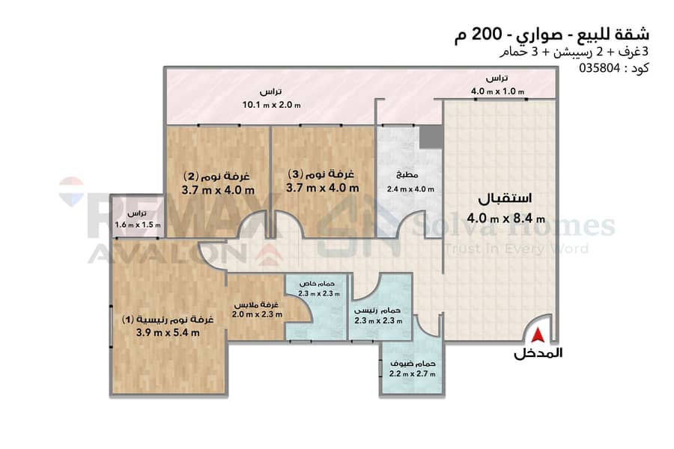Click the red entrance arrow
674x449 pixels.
tap(538, 335)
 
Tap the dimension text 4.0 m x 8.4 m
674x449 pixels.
tap(506, 219)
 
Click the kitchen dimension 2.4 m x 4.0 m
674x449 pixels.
tap(410, 189)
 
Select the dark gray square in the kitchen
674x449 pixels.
tap(431, 137)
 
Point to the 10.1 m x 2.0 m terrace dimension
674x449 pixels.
tap(272, 105)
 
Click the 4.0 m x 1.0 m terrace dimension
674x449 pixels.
tap(498, 91)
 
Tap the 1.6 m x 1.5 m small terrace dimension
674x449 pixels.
tap(138, 224)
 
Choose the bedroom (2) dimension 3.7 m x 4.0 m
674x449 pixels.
tap(218, 190)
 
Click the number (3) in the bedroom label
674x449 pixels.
tap(295, 174)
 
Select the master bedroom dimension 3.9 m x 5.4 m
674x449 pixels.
tap(168, 332)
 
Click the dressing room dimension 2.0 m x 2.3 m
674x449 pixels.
tap(257, 314)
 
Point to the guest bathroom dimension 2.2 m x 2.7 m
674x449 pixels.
tap(412, 374)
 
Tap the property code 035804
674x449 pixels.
tap(600, 68)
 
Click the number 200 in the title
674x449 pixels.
tap(487, 34)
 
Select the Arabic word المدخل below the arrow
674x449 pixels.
tap(538, 353)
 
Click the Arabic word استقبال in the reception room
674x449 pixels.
tap(505, 198)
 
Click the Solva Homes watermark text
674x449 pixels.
tap(514, 225)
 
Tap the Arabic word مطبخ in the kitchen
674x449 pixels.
tap(407, 175)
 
